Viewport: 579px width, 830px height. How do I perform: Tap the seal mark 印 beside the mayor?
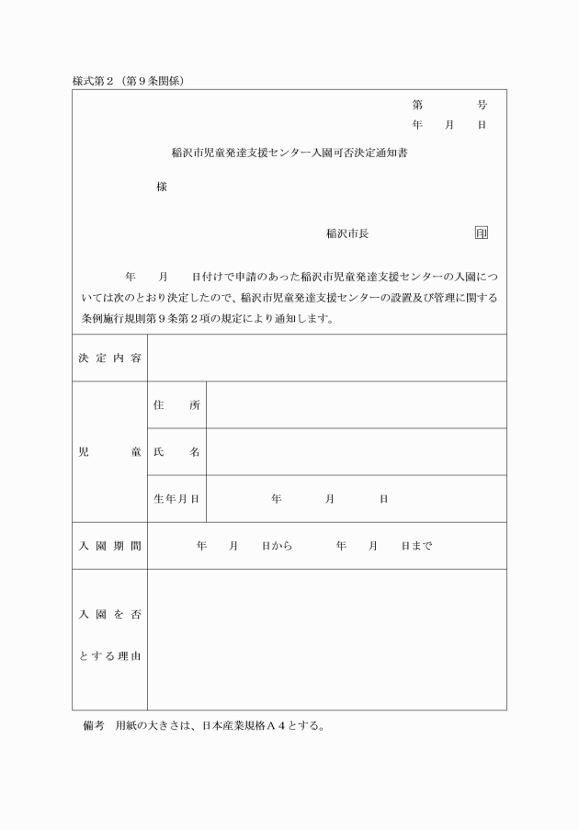coord(482,233)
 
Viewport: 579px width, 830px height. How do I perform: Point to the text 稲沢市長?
coord(347,233)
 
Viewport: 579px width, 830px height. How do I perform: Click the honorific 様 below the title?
coord(162,187)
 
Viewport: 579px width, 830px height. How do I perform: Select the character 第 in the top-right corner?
coord(417,105)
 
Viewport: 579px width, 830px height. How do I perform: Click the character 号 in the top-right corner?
coord(482,105)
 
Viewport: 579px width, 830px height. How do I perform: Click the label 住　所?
coord(176,405)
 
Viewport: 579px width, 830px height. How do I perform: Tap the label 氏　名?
coord(176,452)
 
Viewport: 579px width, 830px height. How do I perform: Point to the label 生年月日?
coord(176,499)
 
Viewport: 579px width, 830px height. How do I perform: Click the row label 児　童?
coord(108,452)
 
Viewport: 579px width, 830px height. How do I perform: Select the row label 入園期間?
coord(108,546)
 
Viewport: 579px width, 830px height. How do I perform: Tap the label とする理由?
coord(108,657)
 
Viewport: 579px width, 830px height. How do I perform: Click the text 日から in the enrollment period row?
coord(277,546)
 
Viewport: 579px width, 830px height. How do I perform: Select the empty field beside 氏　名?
coord(356,452)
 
